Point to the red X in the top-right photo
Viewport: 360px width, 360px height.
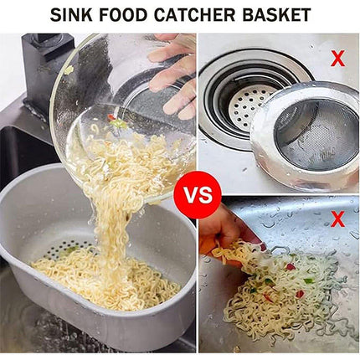pyautogui.click(x=337, y=59)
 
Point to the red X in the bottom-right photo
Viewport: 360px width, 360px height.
pyautogui.click(x=337, y=220)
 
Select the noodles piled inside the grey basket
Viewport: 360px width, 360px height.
pyautogui.click(x=100, y=280)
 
